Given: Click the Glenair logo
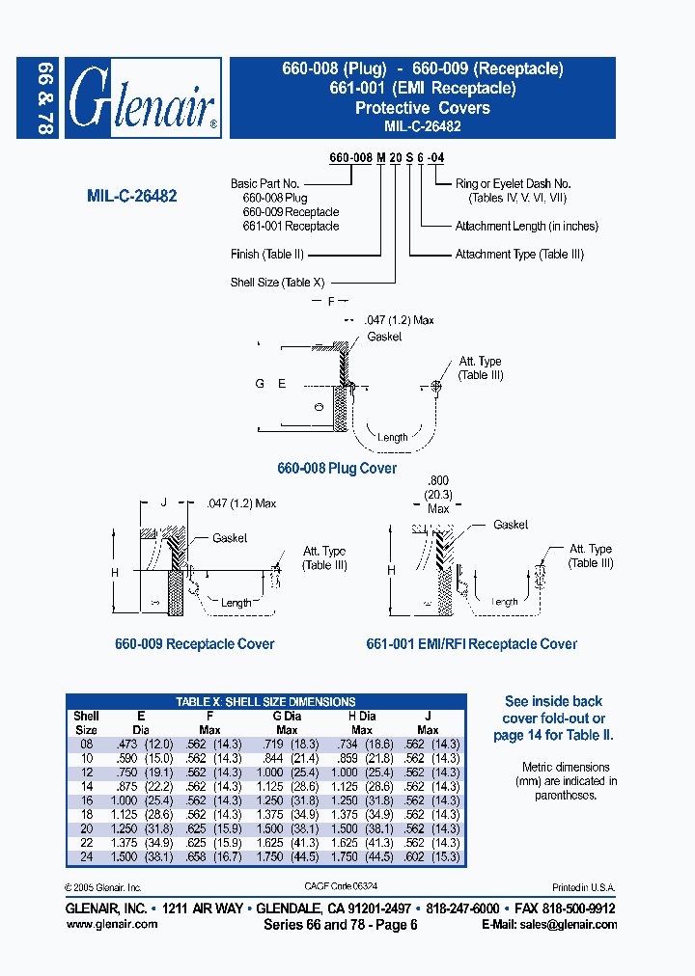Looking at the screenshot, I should coord(143,98).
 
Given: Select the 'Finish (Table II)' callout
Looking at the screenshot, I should coord(267,255).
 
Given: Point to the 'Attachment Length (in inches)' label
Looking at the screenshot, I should coord(526,227).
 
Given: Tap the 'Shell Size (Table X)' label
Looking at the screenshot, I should coord(277,283).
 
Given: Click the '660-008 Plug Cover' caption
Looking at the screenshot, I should coord(337,469).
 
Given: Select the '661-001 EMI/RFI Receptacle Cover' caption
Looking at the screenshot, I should coord(471,644).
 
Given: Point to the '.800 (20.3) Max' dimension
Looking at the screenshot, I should coord(438,494).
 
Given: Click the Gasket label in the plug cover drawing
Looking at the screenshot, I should coord(384,337).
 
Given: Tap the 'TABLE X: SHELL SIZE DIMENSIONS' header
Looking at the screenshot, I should coord(265,702).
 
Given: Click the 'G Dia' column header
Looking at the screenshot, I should coord(287,717).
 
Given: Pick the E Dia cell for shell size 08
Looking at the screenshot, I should coord(140,745).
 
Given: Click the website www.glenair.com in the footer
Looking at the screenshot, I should coord(111,924).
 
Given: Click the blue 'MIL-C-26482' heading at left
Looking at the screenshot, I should coord(131,196).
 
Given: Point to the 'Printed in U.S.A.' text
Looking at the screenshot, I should coord(583,887).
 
